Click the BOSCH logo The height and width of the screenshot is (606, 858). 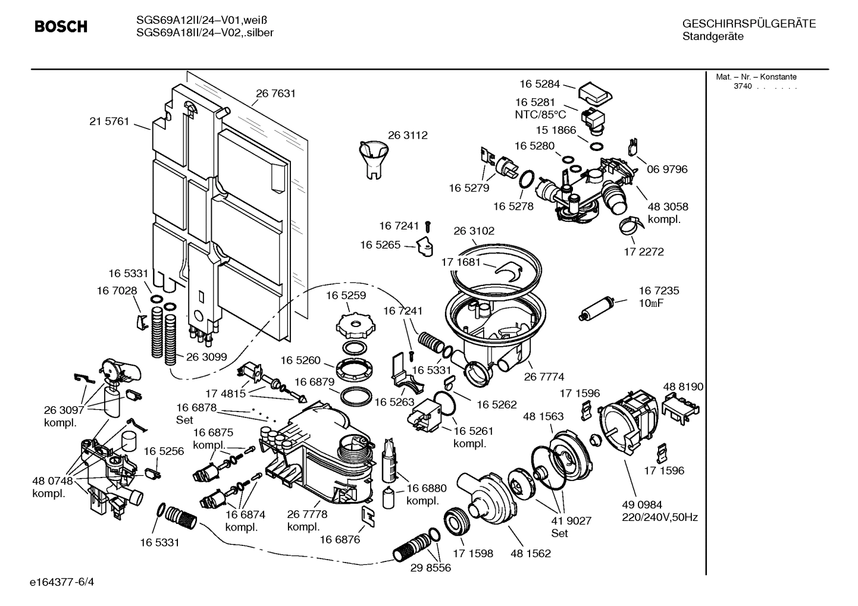[x=61, y=27]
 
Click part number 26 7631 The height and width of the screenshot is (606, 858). [x=275, y=93]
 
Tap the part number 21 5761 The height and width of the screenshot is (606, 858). [x=109, y=121]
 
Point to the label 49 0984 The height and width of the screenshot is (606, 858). [x=642, y=504]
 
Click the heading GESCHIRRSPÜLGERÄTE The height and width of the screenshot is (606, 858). [x=749, y=24]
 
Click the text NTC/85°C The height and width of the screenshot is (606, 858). [x=540, y=114]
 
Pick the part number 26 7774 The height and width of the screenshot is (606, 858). [x=544, y=376]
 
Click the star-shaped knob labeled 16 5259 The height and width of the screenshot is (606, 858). [x=357, y=324]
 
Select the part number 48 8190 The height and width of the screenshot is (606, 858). [x=683, y=387]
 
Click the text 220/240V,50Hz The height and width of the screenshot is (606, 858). [x=660, y=517]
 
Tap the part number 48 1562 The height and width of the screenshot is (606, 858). [x=530, y=553]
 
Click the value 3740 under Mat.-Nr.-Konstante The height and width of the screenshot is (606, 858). [x=743, y=86]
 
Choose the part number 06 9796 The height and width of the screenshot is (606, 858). [x=667, y=169]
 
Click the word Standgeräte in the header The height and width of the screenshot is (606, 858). [x=712, y=37]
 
